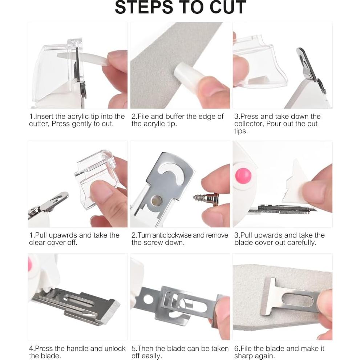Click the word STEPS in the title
tap(144, 7)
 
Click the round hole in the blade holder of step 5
tap(148, 299)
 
